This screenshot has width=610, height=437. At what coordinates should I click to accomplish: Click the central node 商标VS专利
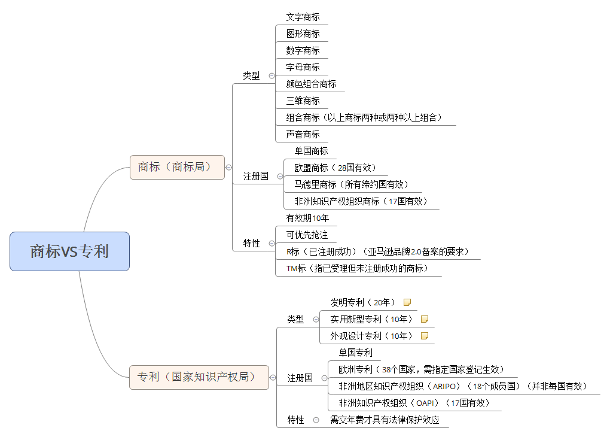[69, 251]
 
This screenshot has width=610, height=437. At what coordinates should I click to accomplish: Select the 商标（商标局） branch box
[177, 167]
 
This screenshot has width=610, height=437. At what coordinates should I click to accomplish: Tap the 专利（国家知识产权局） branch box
[199, 377]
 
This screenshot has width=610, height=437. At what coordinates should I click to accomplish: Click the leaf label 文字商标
[303, 17]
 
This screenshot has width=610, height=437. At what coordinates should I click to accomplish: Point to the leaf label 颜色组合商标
[311, 84]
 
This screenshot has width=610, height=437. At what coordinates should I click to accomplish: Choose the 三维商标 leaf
[303, 101]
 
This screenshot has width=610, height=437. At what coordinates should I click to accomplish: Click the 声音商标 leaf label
[303, 134]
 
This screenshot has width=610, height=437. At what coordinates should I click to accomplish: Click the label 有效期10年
[307, 218]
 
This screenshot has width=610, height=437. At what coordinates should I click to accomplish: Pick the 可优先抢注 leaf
[307, 235]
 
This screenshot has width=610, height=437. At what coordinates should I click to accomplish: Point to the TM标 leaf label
[358, 268]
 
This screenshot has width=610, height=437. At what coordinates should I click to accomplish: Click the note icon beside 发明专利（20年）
[407, 302]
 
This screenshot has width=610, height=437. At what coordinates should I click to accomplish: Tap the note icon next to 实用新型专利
[425, 319]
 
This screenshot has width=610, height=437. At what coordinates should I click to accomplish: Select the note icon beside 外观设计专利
[425, 336]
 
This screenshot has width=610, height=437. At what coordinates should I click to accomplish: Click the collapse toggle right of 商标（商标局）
[228, 168]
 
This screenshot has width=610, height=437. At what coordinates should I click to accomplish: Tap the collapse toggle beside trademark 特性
[272, 244]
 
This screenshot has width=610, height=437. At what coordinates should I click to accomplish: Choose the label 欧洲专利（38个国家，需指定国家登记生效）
[422, 369]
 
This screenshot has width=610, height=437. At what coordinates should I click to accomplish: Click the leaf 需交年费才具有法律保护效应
[385, 420]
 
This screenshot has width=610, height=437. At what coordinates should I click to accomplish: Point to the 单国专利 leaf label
[356, 353]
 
